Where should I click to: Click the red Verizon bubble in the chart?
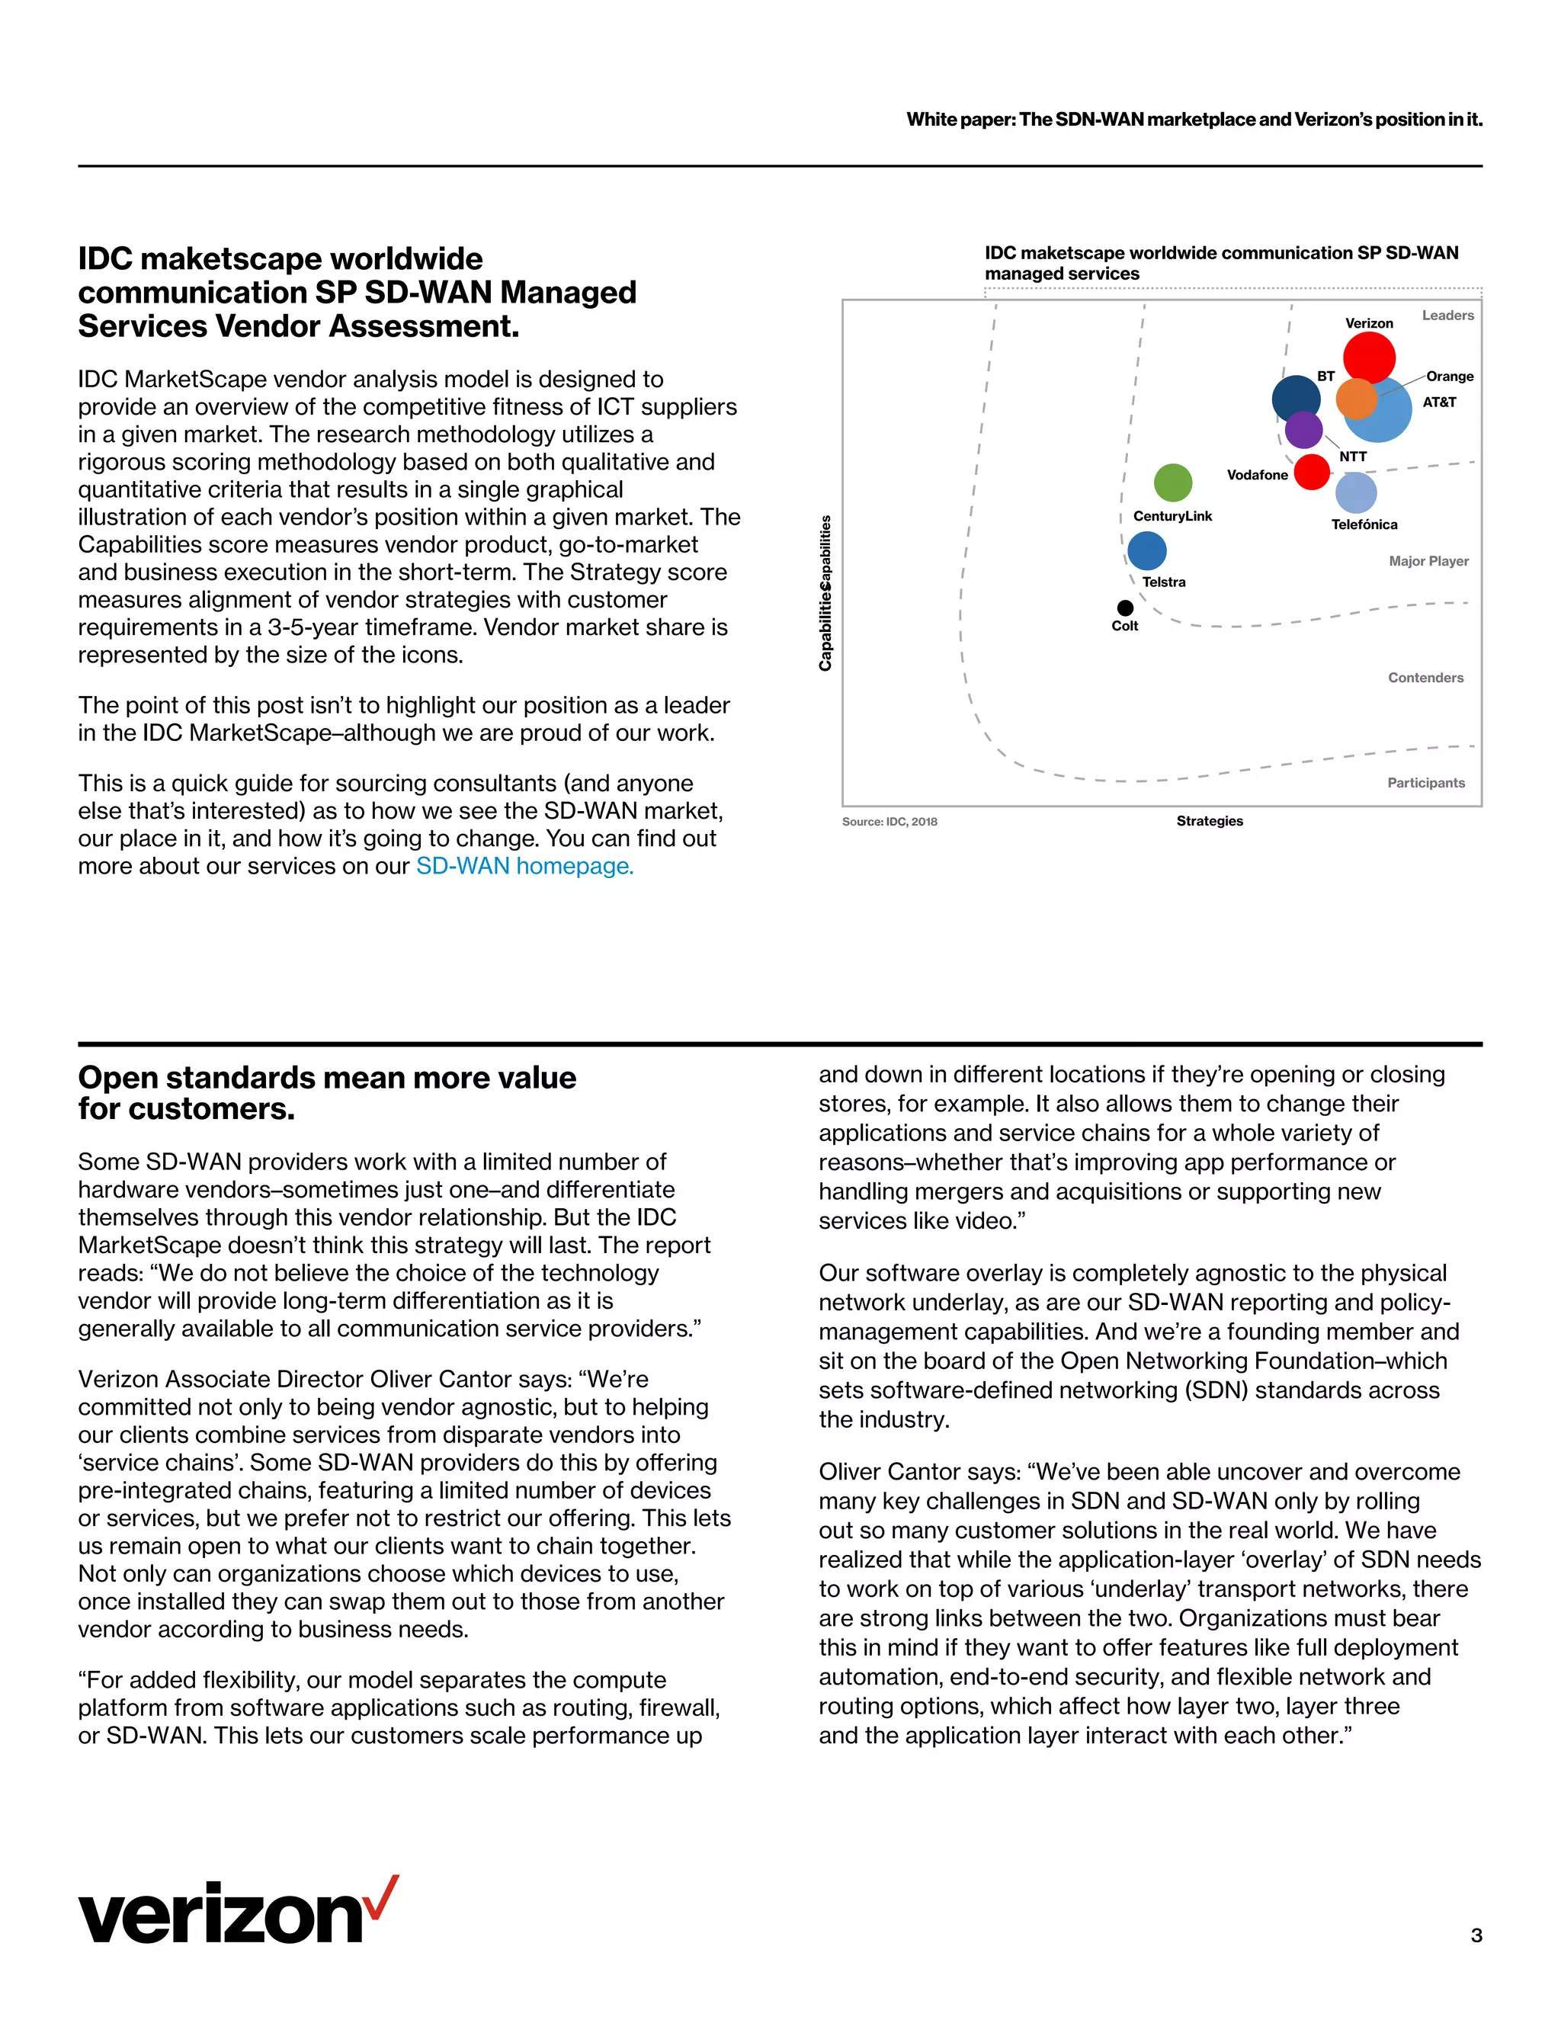click(1369, 356)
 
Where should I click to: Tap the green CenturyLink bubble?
click(1172, 482)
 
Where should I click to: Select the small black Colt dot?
click(1124, 608)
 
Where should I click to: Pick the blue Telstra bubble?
click(1146, 550)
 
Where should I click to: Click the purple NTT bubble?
click(1304, 430)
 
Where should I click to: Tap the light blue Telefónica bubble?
click(1357, 492)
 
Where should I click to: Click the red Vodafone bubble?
click(1311, 472)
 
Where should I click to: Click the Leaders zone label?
click(1447, 316)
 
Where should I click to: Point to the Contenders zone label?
click(1425, 678)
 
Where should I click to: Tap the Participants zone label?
click(1425, 783)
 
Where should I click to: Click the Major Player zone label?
click(1428, 562)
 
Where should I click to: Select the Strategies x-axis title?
click(1209, 821)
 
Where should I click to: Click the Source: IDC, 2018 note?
click(889, 821)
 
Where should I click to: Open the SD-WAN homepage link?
click(524, 867)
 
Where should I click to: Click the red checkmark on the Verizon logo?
click(382, 1897)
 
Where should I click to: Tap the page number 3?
click(1476, 1935)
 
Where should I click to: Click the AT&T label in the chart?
click(1439, 402)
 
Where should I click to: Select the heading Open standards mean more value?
click(326, 1079)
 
